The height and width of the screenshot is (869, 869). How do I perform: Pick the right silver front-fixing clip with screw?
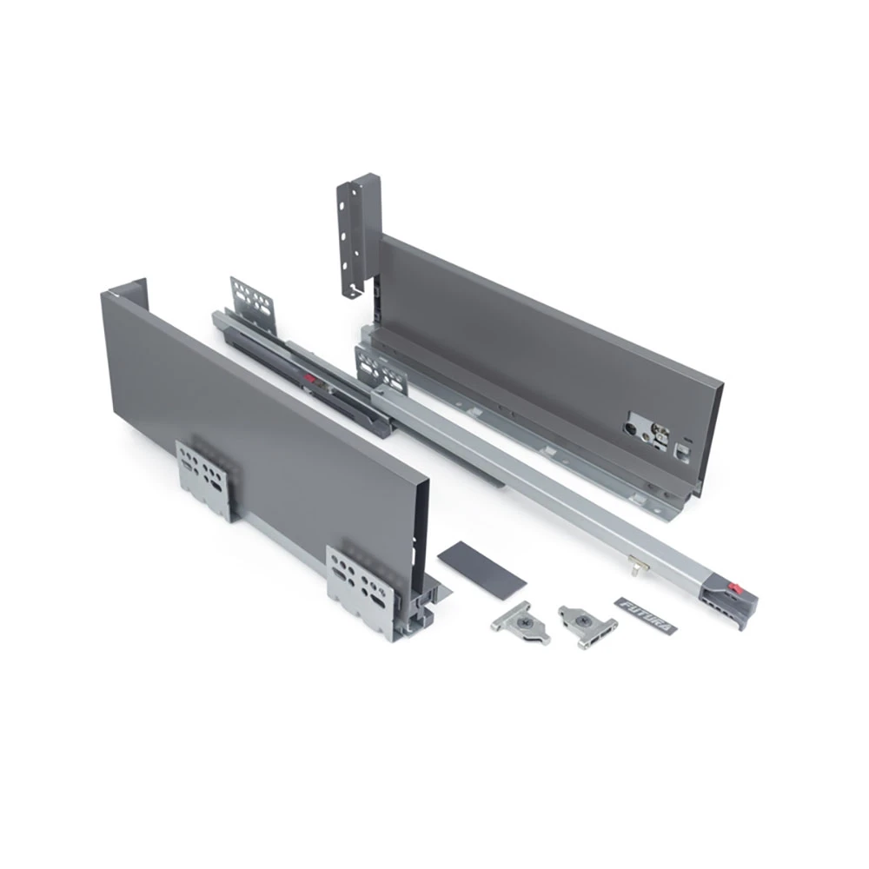click(587, 627)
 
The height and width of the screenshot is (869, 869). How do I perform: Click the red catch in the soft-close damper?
click(310, 381)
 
